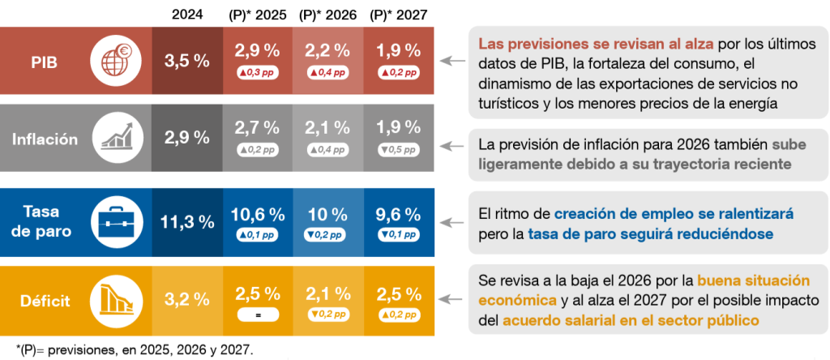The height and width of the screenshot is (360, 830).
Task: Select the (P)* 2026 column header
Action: tap(327, 14)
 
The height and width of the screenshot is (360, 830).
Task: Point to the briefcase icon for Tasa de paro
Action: tap(116, 220)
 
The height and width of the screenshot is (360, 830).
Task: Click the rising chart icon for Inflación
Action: tap(116, 139)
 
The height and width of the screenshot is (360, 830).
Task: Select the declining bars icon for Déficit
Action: tap(116, 301)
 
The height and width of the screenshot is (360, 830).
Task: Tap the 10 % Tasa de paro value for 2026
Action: tap(327, 215)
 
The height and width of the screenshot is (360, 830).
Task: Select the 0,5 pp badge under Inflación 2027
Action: tap(398, 150)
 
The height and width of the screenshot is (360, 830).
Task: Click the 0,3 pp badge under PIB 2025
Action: tap(257, 72)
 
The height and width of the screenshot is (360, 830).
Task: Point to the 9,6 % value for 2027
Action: tap(398, 215)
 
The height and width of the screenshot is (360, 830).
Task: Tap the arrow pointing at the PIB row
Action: tap(451, 61)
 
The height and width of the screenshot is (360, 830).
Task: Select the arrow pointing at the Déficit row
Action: tap(451, 301)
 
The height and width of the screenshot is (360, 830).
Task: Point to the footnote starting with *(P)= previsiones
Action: tap(129, 349)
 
